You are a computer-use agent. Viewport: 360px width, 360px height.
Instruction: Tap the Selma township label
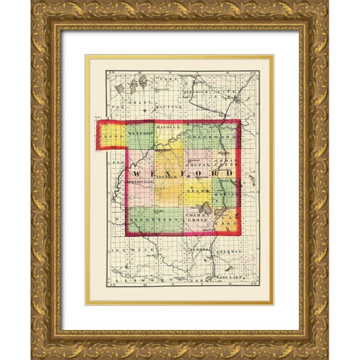coord(196,193)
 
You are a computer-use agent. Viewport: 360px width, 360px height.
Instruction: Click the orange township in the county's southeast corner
coord(226,221)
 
